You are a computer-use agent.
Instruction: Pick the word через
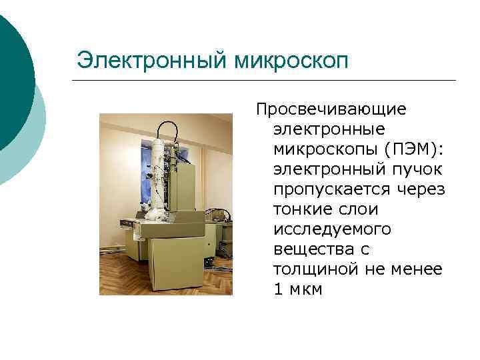pos(419,189)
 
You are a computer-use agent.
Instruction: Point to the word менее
pos(418,269)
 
